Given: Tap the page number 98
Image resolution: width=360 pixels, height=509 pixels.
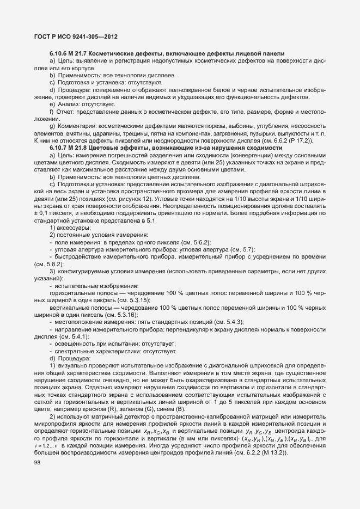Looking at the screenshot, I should tap(38, 477).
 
